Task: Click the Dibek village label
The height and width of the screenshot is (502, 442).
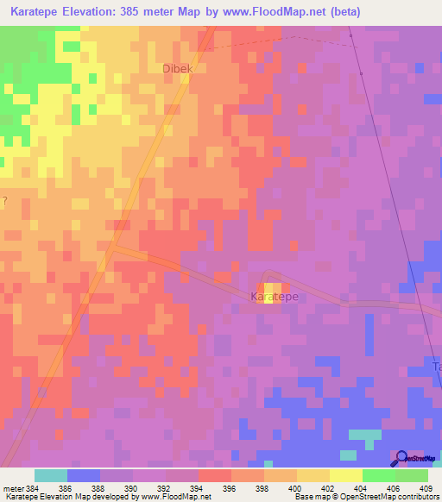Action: click(x=178, y=68)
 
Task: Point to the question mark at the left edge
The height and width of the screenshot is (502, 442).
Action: click(x=4, y=201)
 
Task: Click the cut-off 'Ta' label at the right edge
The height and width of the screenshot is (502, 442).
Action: click(x=436, y=367)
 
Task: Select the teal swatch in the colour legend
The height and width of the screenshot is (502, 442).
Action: click(x=51, y=475)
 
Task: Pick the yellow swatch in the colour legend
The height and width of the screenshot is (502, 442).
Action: click(x=346, y=475)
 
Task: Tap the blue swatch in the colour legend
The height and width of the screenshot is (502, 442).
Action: click(x=84, y=475)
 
